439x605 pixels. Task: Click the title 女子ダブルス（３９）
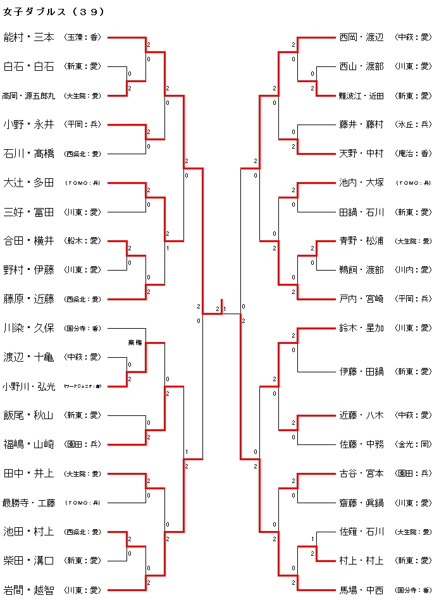[54, 12]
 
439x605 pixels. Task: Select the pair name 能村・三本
[28, 37]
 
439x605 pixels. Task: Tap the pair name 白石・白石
[28, 66]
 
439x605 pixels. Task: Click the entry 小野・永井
[28, 125]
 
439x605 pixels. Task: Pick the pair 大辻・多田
[28, 183]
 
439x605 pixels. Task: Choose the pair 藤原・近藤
[28, 298]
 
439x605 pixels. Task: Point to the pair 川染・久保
[28, 327]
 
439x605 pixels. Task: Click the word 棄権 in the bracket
[135, 342]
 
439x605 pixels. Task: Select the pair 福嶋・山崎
[28, 444]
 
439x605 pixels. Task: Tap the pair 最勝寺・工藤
[28, 503]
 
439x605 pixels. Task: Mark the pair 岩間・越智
[28, 590]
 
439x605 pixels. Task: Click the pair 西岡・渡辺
[361, 37]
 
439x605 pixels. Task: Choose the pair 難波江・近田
[361, 96]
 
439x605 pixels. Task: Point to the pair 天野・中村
[361, 153]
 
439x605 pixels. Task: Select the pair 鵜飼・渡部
[361, 269]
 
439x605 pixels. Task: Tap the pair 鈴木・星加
[361, 327]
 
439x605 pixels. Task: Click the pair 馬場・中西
[361, 590]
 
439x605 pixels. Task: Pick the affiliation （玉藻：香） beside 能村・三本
[83, 38]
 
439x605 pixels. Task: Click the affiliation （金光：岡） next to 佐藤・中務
[413, 444]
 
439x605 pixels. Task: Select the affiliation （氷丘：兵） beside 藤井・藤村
[413, 125]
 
